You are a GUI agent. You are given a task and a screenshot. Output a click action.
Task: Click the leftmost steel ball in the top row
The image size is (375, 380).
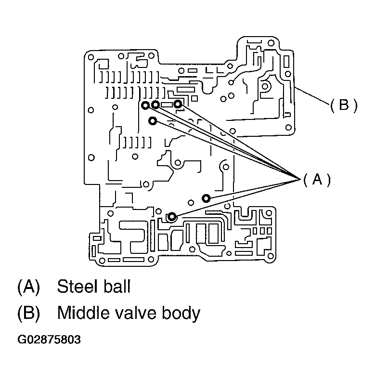[x=145, y=105]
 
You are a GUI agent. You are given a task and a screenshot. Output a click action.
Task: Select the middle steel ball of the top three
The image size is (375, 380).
[x=155, y=105]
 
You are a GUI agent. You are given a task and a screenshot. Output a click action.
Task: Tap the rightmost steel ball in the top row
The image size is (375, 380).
[x=178, y=104]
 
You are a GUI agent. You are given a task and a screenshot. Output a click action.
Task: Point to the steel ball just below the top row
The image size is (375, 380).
[x=153, y=120]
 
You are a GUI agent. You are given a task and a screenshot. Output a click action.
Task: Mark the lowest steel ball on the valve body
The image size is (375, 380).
[x=171, y=216]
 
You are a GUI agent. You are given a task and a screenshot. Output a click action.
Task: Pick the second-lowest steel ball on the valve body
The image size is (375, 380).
[x=206, y=198]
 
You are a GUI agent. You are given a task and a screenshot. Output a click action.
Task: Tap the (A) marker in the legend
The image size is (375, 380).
[x=28, y=287]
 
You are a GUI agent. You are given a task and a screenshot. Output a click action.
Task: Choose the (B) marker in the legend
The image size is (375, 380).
[x=28, y=314]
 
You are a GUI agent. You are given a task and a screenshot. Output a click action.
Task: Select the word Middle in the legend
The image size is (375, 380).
[x=82, y=314]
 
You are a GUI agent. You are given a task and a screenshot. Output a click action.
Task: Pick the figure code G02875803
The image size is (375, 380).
[x=49, y=340]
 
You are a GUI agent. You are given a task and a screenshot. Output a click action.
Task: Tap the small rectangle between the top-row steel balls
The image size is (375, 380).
[x=167, y=104]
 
